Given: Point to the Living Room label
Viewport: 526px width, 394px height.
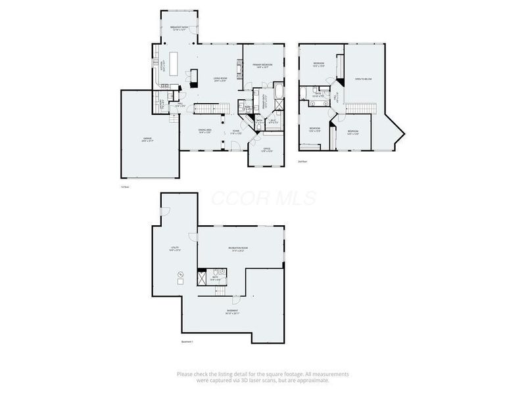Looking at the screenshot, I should click(x=220, y=80).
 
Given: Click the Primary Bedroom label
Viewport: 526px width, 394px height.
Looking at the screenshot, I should click(x=262, y=65).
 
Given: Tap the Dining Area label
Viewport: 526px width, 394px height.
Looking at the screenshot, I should click(x=205, y=131).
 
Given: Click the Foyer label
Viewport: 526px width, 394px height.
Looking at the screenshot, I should click(x=235, y=131).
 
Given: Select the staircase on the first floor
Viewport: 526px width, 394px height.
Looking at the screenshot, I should click(x=208, y=107).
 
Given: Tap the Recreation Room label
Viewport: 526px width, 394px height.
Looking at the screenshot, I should click(x=237, y=249).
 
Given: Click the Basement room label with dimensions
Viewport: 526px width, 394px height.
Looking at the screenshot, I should click(x=232, y=311).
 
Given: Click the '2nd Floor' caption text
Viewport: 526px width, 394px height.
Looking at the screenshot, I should click(x=303, y=161).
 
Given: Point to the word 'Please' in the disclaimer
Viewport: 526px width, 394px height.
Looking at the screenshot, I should click(x=185, y=374).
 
